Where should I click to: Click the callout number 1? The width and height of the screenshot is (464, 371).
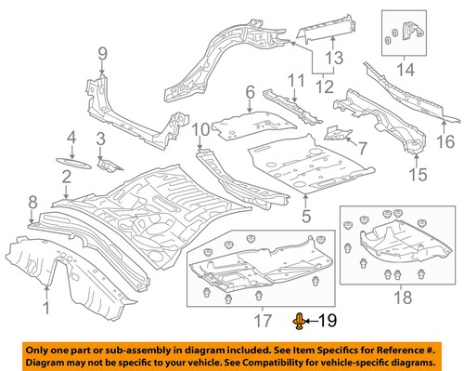click(x=46, y=310)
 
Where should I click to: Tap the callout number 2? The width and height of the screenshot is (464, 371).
click(x=66, y=176)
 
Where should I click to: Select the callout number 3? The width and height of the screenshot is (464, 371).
click(x=101, y=139)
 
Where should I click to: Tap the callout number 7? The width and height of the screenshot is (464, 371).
click(x=363, y=148)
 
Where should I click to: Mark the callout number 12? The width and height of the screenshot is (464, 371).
click(x=323, y=89)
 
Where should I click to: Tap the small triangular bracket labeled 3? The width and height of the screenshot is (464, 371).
click(x=110, y=165)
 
